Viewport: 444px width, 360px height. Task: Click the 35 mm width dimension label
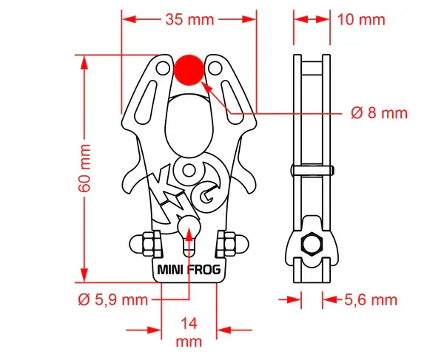pyautogui.click(x=189, y=20)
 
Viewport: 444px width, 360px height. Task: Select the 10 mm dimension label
pyautogui.click(x=361, y=19)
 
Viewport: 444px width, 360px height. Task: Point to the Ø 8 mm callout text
pyautogui.click(x=379, y=113)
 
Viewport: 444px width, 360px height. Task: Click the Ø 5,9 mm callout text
pyautogui.click(x=112, y=300)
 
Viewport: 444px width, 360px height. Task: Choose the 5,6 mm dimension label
pyautogui.click(x=371, y=299)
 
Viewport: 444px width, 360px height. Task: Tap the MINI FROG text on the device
pyautogui.click(x=189, y=270)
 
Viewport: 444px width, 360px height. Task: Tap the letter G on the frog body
pyautogui.click(x=209, y=196)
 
